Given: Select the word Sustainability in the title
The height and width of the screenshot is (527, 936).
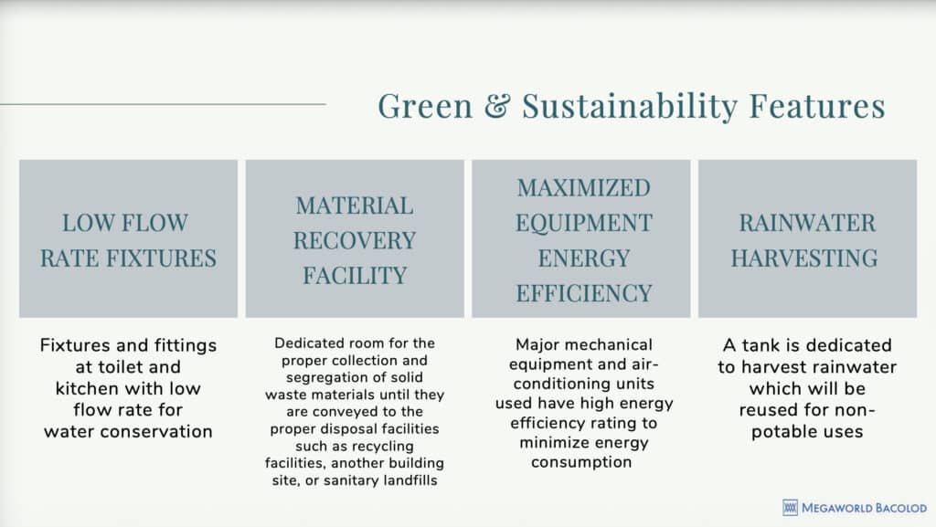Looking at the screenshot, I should [x=630, y=107].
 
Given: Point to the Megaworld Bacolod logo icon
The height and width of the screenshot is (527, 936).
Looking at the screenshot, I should [x=791, y=508].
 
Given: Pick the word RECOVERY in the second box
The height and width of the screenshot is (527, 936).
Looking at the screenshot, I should [x=355, y=241].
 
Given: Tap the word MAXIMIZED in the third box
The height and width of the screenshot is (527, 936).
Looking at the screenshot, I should [x=583, y=188].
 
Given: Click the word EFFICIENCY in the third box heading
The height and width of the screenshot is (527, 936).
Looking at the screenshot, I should [x=583, y=293].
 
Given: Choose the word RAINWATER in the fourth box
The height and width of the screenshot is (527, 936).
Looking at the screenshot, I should [x=807, y=224].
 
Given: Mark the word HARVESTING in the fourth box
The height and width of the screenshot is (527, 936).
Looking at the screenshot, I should [x=807, y=258].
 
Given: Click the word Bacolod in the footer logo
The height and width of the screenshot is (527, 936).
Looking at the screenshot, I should [x=895, y=508].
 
